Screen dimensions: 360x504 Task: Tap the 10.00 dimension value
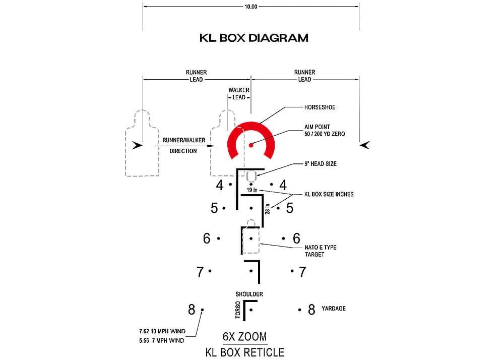(x=250, y=7)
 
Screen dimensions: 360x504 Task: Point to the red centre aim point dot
(x=250, y=145)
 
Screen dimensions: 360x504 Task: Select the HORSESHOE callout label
(x=320, y=107)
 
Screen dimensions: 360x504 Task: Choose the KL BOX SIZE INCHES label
(x=329, y=194)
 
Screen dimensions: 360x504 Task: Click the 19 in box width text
(x=252, y=190)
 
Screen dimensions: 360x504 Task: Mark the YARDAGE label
(x=334, y=309)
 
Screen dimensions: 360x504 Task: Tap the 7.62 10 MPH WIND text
(x=162, y=331)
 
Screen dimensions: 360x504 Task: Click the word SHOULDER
(x=249, y=294)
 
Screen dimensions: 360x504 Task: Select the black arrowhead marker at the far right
(x=365, y=145)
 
